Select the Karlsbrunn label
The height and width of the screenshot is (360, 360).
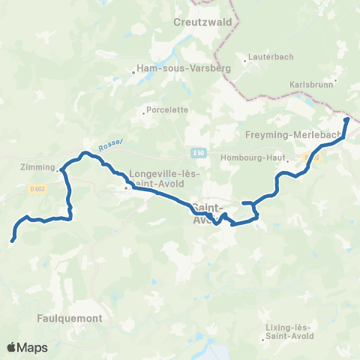click(312, 85)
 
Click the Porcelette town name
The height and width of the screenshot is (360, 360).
click(168, 109)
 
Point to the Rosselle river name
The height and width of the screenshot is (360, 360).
click(109, 148)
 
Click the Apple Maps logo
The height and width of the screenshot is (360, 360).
click(27, 347)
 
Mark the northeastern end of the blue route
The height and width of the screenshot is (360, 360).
click(346, 119)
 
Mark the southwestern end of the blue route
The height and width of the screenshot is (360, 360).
click(13, 241)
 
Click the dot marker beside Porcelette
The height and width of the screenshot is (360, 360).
click(144, 114)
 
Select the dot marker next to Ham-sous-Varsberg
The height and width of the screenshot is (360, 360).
click(134, 73)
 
